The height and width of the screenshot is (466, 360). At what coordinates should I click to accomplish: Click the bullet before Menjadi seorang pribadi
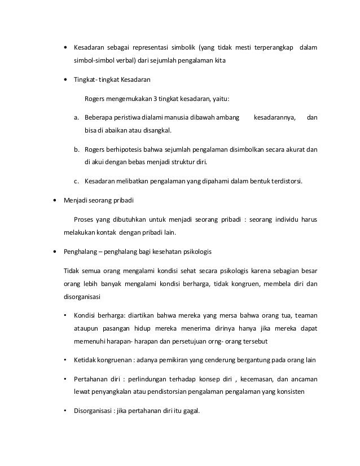[x=54, y=200]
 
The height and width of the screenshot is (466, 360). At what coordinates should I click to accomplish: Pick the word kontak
[x=113, y=231]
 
